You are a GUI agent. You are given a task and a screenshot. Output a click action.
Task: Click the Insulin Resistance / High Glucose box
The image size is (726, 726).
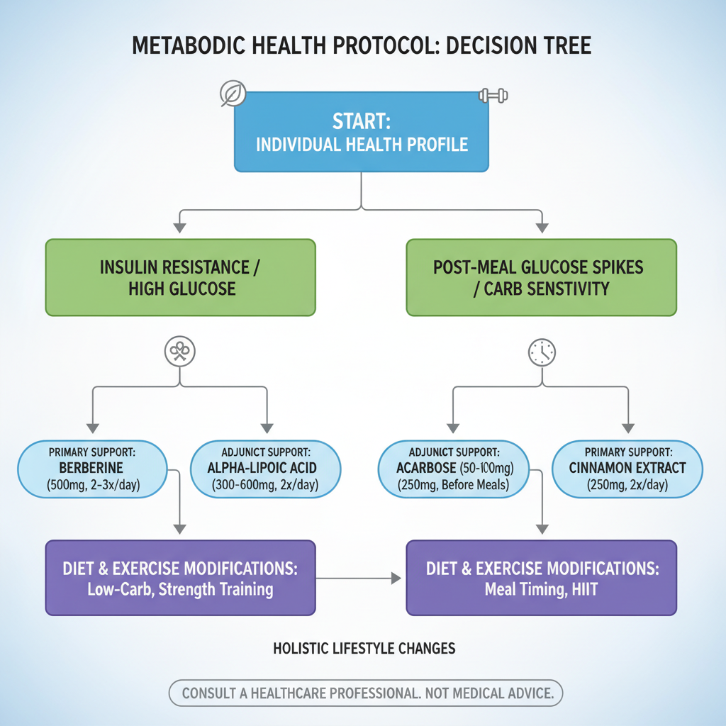(x=180, y=277)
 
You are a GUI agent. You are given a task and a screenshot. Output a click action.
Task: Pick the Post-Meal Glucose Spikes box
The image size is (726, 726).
(x=541, y=277)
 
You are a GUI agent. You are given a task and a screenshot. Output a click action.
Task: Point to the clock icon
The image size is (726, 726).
(x=542, y=352)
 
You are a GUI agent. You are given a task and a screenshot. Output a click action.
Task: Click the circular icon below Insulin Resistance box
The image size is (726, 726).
(x=179, y=352)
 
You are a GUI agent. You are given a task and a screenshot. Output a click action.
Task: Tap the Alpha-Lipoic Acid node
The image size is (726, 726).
(x=266, y=468)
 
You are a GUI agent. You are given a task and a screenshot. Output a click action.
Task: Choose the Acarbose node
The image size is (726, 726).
(x=453, y=468)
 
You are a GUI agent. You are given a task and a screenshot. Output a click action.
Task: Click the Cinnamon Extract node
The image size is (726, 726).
(x=627, y=468)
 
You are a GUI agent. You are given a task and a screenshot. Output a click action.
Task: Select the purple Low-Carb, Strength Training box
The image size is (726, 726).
(x=180, y=578)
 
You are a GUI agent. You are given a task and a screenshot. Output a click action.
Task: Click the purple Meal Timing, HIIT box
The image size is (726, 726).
(x=541, y=578)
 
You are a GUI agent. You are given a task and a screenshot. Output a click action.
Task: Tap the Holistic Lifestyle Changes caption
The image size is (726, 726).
(x=364, y=648)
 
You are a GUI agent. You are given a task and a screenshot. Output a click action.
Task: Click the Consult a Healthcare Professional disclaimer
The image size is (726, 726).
(x=366, y=693)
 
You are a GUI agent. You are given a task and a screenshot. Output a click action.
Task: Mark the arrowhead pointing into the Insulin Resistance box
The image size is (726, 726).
(x=180, y=228)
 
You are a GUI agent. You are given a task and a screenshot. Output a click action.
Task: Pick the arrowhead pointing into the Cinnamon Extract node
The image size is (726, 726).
(x=627, y=428)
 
